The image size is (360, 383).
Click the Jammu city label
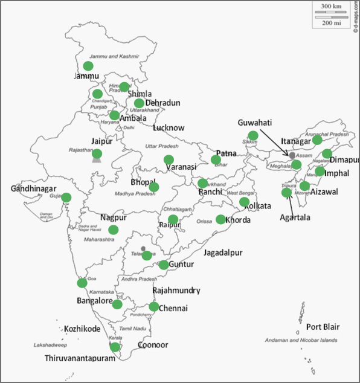point(85,76)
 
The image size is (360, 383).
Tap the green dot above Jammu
point(88,66)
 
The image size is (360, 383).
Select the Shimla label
point(140,94)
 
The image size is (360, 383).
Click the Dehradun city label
point(163,103)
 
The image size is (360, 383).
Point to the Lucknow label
point(169,128)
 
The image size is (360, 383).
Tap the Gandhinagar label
point(34,189)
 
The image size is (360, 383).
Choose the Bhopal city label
point(144,182)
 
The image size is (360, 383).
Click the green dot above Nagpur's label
point(114,230)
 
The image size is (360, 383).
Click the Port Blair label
point(323,327)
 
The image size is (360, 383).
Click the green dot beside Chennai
point(154,307)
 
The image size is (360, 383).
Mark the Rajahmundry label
point(176,291)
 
